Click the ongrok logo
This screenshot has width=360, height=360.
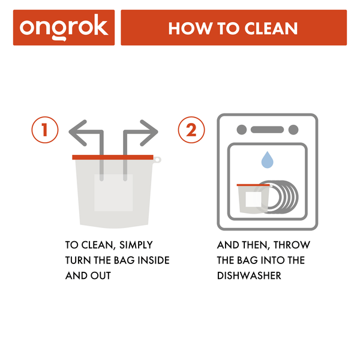(64, 28)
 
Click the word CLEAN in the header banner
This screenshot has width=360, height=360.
(268, 28)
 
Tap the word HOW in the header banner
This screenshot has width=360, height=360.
(186, 28)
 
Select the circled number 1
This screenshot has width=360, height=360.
(44, 130)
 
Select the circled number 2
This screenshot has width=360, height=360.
(191, 130)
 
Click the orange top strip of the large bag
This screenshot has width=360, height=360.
(113, 157)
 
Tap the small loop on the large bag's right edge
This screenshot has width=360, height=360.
(157, 160)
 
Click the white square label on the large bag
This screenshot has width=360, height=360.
(113, 193)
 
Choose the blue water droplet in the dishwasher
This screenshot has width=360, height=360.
(267, 160)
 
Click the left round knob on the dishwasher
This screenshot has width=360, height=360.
(242, 130)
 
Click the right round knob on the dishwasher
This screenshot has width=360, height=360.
(293, 130)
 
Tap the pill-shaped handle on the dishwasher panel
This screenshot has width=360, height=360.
(267, 130)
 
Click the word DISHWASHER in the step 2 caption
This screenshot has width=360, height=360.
(245, 276)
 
